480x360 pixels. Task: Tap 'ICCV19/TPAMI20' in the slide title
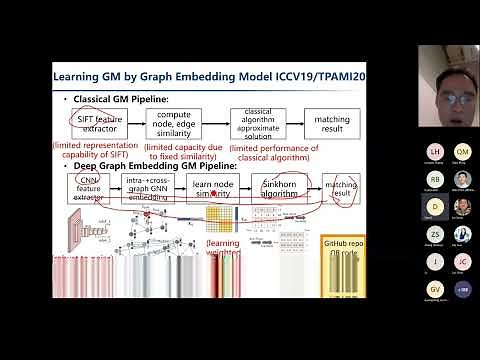tap(328, 74)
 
